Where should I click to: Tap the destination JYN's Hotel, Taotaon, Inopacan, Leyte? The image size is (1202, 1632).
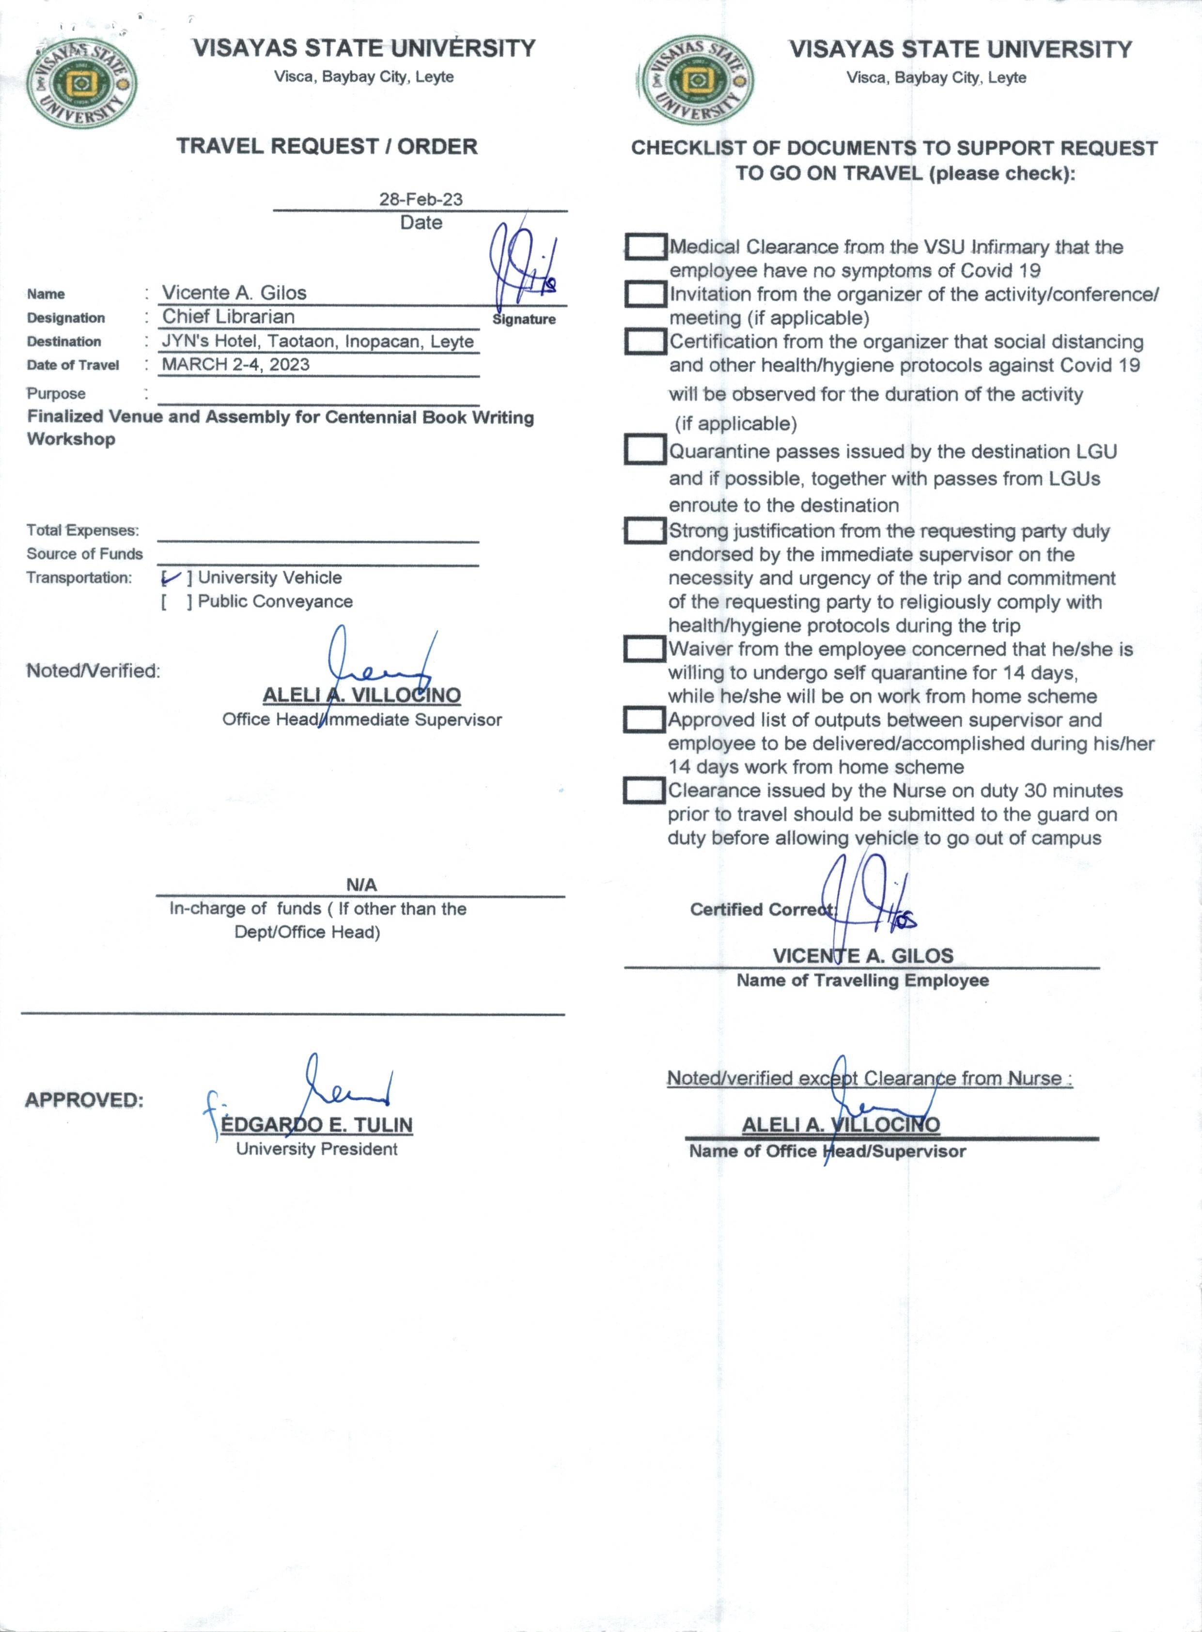(317, 341)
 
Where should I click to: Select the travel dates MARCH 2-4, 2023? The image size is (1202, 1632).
(235, 365)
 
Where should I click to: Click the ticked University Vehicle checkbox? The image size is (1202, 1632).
(173, 578)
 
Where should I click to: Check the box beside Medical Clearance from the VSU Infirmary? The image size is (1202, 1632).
(645, 247)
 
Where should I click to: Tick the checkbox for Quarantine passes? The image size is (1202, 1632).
(645, 450)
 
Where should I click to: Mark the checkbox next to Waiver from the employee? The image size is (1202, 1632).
(645, 648)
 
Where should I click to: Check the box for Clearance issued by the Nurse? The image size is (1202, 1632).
(644, 790)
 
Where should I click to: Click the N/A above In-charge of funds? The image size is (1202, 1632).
(361, 885)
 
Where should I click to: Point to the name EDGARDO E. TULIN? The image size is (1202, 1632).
(316, 1125)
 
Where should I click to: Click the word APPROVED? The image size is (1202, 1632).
(84, 1100)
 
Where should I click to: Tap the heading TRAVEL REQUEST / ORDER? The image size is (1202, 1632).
(327, 146)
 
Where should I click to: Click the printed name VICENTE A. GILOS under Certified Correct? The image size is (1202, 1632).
(862, 955)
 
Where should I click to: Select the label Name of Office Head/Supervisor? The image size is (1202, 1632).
(827, 1151)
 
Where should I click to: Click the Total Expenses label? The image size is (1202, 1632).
(83, 530)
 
